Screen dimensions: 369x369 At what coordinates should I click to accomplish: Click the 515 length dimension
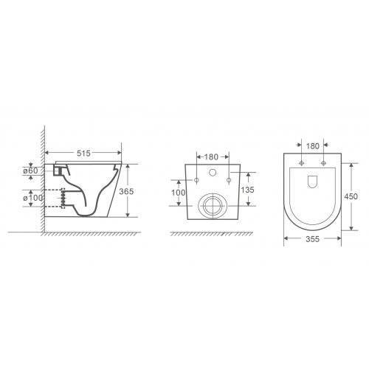point(83,153)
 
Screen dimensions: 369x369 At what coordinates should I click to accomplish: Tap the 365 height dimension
point(126,191)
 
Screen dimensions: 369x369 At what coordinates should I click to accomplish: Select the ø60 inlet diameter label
point(32,170)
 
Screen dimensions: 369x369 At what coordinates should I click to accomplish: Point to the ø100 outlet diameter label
point(33,198)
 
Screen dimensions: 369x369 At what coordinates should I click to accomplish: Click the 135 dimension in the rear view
point(247,190)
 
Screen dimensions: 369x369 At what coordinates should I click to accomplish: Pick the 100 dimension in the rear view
point(179,193)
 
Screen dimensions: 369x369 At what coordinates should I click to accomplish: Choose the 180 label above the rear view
point(211,156)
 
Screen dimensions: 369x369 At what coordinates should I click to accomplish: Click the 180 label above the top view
point(313,146)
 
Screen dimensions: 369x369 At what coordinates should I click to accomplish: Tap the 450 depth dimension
point(351,196)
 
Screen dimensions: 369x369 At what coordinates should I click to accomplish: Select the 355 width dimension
point(312,238)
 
